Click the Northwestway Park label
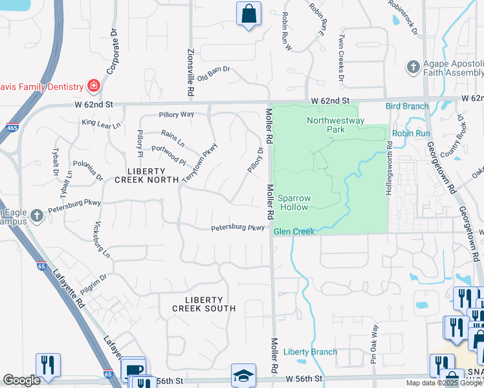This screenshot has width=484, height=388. click(336, 125)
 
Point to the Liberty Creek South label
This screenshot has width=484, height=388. click(203, 304)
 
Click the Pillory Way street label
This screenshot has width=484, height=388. click(176, 114)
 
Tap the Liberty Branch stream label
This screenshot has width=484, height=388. click(310, 352)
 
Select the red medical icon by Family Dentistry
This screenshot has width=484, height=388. click(93, 86)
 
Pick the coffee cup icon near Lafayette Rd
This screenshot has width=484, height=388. click(133, 369)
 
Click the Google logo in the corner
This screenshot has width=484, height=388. click(21, 380)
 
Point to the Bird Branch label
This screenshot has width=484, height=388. click(407, 106)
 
